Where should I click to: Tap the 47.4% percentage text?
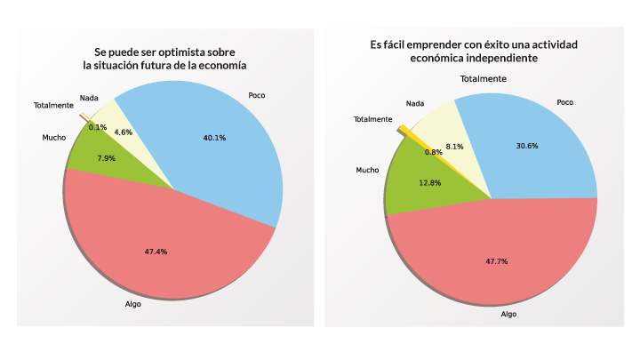[x=156, y=252]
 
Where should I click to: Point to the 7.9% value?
[x=105, y=158]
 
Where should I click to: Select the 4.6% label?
[x=124, y=132]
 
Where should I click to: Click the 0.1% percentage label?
[x=98, y=127]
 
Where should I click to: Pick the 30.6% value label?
[x=527, y=146]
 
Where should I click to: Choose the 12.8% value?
[x=429, y=183]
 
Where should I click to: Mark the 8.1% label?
[x=453, y=147]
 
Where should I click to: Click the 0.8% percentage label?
[x=434, y=152]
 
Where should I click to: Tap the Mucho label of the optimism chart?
[x=53, y=138]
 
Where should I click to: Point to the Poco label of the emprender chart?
[x=565, y=102]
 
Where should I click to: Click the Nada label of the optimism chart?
[x=89, y=97]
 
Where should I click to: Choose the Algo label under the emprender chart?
[x=508, y=314]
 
